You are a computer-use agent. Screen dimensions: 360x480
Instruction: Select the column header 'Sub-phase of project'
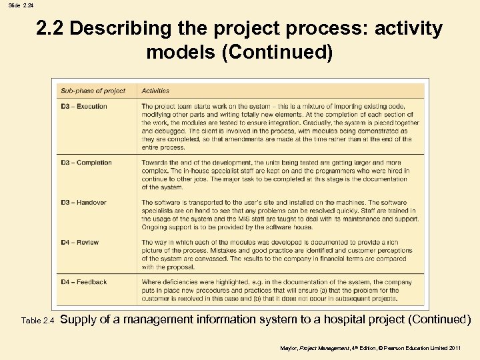(x=93, y=91)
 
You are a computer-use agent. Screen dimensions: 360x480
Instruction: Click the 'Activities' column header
(x=155, y=91)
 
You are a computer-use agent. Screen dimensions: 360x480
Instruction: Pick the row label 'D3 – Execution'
(x=84, y=107)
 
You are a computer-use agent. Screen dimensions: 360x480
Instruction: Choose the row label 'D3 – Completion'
(x=87, y=163)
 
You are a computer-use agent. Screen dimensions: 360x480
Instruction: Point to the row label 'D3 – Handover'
(x=84, y=203)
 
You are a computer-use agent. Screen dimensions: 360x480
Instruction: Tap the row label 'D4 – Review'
(x=80, y=243)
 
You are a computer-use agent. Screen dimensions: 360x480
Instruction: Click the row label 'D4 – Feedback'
(x=84, y=282)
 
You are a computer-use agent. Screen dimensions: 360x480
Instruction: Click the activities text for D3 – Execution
(x=280, y=127)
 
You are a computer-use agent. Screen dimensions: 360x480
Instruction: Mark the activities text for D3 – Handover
(x=280, y=215)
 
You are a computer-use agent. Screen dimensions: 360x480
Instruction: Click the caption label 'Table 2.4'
(x=37, y=321)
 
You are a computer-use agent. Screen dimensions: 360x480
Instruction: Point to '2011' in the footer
(x=453, y=348)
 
